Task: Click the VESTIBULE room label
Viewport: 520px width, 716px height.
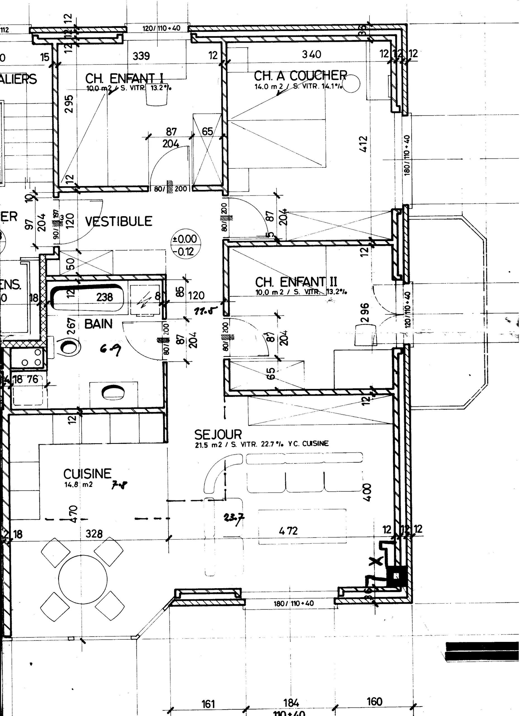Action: pyautogui.click(x=118, y=221)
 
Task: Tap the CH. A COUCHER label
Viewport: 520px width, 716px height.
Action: pyautogui.click(x=300, y=76)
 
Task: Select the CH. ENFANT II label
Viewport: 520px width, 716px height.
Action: pyautogui.click(x=296, y=282)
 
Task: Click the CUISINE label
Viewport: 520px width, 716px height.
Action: pyautogui.click(x=87, y=474)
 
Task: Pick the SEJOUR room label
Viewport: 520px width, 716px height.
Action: pyautogui.click(x=218, y=435)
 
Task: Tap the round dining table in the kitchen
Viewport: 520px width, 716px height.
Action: pyautogui.click(x=83, y=578)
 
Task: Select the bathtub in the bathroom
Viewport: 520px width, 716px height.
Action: pyautogui.click(x=87, y=297)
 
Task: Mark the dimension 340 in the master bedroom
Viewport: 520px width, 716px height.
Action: pyautogui.click(x=311, y=54)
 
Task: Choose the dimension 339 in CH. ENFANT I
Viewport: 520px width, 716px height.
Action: pyautogui.click(x=141, y=56)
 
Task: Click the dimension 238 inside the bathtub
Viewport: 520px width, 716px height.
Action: pyautogui.click(x=105, y=297)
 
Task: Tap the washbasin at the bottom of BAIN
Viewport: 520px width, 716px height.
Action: pyautogui.click(x=113, y=392)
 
